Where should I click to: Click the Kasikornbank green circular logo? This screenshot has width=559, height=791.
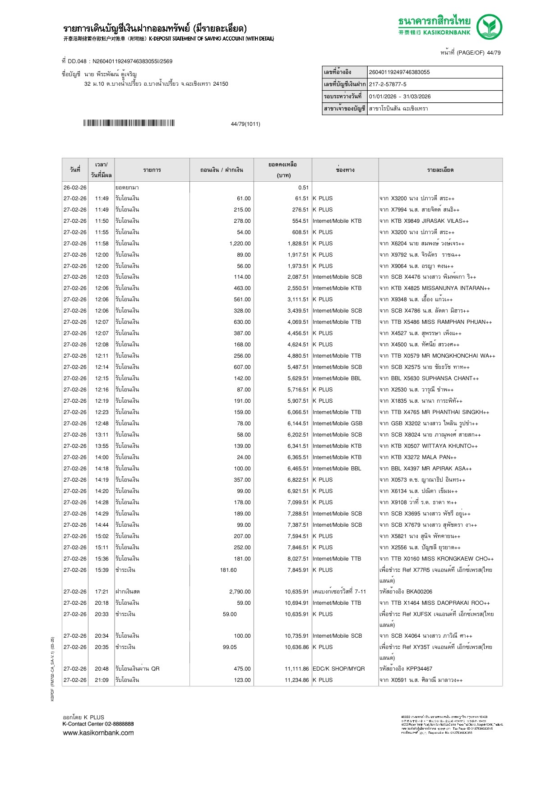489,27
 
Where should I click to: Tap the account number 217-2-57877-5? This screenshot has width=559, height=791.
388,84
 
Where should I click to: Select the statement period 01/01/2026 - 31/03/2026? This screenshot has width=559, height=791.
400,97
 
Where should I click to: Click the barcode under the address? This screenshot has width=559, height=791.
129,123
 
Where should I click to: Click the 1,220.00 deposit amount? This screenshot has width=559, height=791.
240,244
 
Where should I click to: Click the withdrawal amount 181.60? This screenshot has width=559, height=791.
228,570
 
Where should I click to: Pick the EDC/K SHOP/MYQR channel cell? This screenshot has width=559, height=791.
338,669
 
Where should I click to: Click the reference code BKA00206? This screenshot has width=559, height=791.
419,592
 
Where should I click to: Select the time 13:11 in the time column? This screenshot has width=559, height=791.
102,435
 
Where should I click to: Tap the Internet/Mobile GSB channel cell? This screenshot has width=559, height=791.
337,423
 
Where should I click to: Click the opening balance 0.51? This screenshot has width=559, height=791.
303,188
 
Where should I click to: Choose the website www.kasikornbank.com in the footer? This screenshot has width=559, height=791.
98,733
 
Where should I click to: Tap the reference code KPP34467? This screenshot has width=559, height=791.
419,669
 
